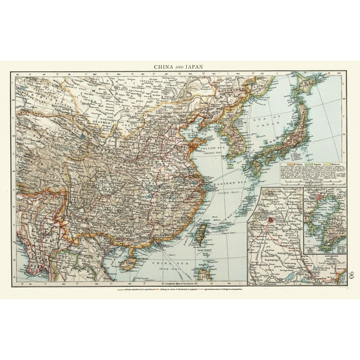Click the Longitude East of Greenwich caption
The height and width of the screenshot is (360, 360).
point(179,286)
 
